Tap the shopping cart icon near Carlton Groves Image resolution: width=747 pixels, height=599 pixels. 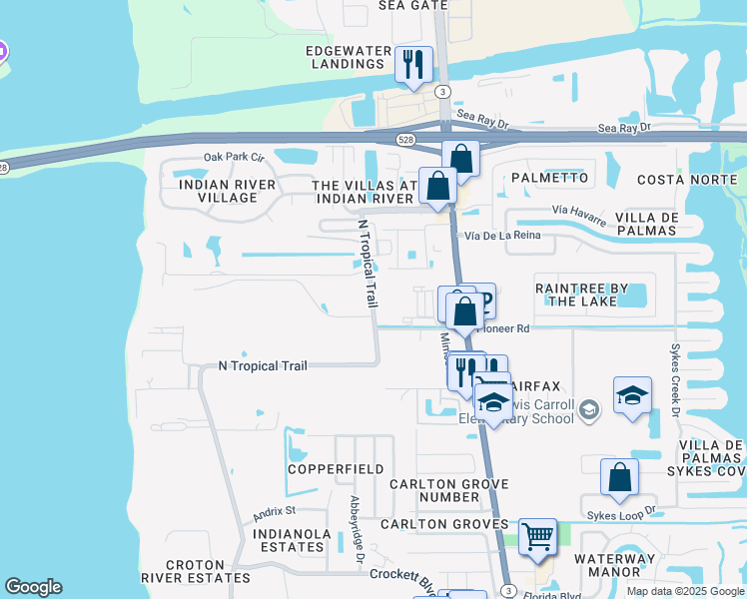538,536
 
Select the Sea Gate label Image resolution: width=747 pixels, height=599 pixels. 412,5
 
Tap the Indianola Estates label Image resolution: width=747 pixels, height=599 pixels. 291,540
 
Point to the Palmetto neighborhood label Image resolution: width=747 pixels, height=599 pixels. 549,178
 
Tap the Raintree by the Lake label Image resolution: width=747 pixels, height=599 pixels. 582,294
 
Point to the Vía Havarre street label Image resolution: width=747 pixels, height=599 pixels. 580,212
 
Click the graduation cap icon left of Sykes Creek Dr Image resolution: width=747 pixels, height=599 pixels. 632,395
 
